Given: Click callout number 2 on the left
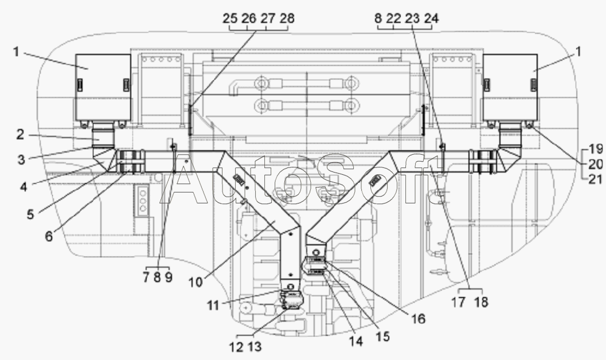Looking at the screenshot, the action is coord(20,135).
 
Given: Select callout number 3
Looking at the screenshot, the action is coord(21,159).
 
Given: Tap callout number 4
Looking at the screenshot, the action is coord(24,187).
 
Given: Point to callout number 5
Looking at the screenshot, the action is coord(30,214).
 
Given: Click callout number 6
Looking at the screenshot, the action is coord(49,236).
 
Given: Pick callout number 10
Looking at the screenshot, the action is coord(196,282).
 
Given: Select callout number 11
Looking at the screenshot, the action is coord(213,305).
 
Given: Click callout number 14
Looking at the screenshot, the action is coord(356,341).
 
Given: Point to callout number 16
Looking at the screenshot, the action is coord(418,319).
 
